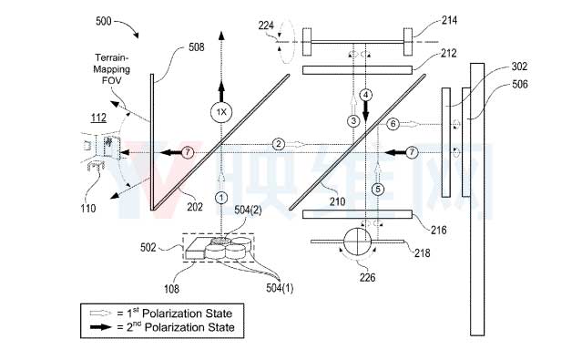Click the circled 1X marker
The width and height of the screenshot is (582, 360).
pyautogui.click(x=221, y=112)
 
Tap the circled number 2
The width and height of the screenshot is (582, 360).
pyautogui.click(x=279, y=144)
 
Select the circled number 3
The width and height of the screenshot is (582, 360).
pyautogui.click(x=353, y=120)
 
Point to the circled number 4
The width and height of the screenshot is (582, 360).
pyautogui.click(x=365, y=95)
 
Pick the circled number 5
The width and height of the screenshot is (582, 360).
pyautogui.click(x=378, y=189)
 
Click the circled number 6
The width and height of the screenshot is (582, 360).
pyautogui.click(x=393, y=124)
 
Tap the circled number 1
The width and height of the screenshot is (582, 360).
pyautogui.click(x=221, y=197)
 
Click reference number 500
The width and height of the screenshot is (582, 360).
pyautogui.click(x=104, y=21)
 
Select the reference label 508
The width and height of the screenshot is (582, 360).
pyautogui.click(x=197, y=46)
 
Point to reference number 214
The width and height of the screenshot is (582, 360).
pyautogui.click(x=449, y=20)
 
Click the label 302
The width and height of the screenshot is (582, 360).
pyautogui.click(x=519, y=67)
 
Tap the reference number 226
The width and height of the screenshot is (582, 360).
pyautogui.click(x=367, y=277)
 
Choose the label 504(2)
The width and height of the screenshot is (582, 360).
pyautogui.click(x=248, y=211)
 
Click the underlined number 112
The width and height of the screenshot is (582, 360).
pyautogui.click(x=98, y=118)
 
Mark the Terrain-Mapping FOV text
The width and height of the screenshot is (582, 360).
pyautogui.click(x=112, y=68)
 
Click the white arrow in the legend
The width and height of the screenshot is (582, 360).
pyautogui.click(x=100, y=314)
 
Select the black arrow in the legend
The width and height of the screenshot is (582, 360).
pyautogui.click(x=100, y=327)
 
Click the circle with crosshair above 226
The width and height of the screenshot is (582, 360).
pyautogui.click(x=357, y=242)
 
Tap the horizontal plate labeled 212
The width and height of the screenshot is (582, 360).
pyautogui.click(x=357, y=70)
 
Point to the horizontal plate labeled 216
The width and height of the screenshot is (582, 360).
pyautogui.click(x=357, y=214)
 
